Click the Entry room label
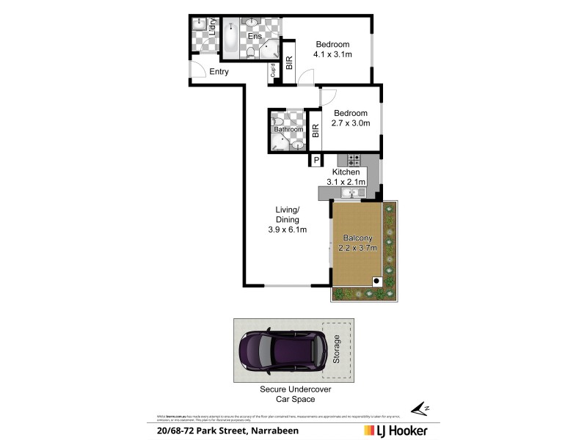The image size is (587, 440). [x=219, y=72]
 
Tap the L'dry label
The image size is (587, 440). [x=212, y=29]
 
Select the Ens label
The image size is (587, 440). [x=255, y=36]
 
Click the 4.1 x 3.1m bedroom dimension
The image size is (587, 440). [x=333, y=54]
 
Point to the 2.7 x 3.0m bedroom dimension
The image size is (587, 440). [x=351, y=123]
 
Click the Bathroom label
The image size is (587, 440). [x=288, y=130]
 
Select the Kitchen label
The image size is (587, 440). [x=346, y=172]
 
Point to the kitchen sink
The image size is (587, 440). [x=352, y=193]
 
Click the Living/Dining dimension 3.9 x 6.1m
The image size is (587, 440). [x=287, y=230]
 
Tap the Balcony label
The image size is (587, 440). [x=358, y=238]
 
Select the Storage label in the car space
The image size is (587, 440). [x=337, y=350]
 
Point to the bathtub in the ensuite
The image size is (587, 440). [x=230, y=38]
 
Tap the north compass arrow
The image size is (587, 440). [x=419, y=408]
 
